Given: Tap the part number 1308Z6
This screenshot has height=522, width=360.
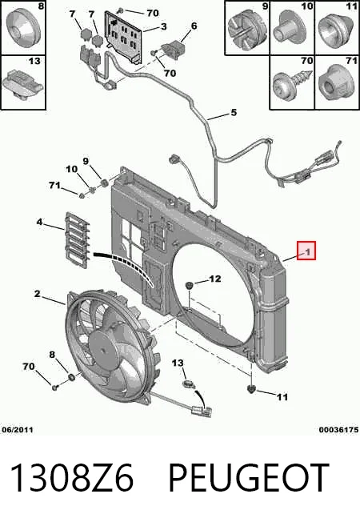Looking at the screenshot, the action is coord(72,478).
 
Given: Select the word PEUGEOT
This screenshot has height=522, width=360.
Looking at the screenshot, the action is coord(249,478).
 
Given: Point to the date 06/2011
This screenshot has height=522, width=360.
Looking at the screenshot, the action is coord(18,430).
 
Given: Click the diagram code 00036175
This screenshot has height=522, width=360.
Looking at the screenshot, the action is coord(338,430).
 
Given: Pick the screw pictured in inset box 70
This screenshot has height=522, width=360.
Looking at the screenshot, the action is coord(292,83).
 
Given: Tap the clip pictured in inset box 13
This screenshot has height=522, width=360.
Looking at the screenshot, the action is coord(22,82).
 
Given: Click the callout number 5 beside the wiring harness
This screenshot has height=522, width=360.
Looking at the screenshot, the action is coord(234,113).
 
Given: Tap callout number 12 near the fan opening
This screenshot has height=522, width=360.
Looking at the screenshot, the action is coord(214,279).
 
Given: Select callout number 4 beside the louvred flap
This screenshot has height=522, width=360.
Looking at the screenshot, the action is coord(39,222).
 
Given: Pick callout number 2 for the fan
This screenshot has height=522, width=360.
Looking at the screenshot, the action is coord(37,294).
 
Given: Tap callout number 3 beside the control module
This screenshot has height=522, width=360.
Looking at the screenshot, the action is coord(163,26).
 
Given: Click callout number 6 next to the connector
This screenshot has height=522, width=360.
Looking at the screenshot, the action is coord(194,26).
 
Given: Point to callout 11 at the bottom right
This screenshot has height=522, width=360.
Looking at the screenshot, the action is coord(282,396).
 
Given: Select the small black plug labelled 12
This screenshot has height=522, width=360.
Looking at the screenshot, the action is coord(190,285).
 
